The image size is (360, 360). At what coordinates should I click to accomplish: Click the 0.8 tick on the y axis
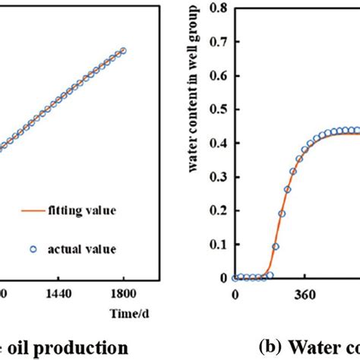(x=215, y=9)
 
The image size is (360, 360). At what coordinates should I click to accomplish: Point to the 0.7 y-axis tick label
(x=215, y=43)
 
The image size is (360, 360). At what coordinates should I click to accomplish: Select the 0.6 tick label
(x=215, y=76)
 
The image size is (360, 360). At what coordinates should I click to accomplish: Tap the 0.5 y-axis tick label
(x=215, y=109)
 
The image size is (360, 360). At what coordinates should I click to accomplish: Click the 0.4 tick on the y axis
(x=215, y=143)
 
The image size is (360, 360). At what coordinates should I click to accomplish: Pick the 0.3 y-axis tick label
(x=215, y=177)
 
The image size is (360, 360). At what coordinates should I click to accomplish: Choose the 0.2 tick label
(x=215, y=210)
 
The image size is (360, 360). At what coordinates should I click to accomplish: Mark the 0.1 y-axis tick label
(x=215, y=244)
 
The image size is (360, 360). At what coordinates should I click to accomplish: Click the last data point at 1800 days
(x=124, y=51)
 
